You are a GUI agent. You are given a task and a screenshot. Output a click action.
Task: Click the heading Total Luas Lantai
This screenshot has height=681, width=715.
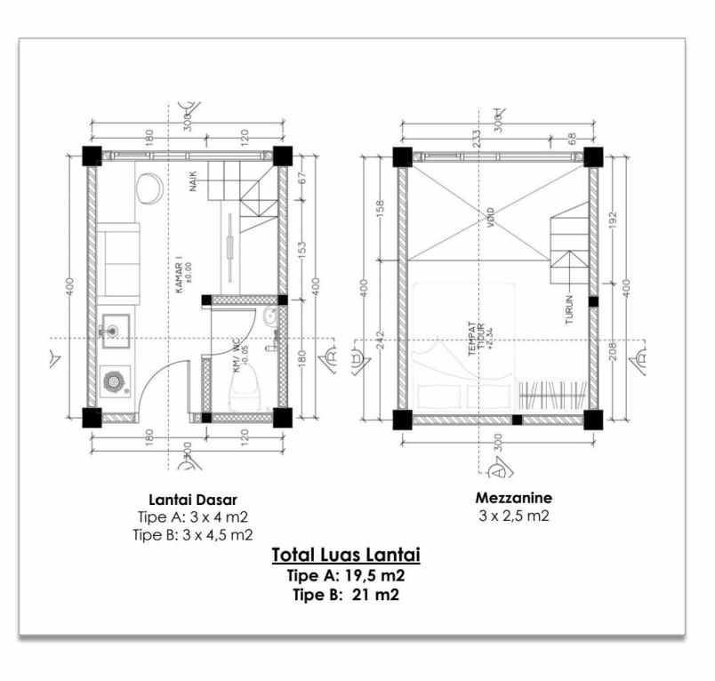(345, 555)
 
